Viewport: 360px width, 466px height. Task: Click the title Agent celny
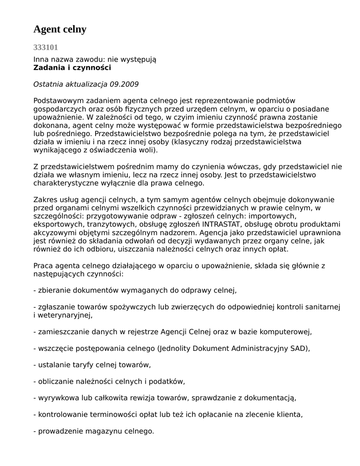click(x=60, y=30)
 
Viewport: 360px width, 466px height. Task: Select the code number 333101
click(x=46, y=47)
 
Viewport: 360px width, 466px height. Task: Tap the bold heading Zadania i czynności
click(x=72, y=68)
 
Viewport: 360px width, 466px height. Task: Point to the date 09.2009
click(x=124, y=84)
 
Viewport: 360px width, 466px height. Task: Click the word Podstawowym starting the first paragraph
click(x=56, y=101)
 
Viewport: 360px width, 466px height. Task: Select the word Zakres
click(x=45, y=200)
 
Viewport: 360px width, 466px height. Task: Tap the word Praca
click(x=43, y=266)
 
